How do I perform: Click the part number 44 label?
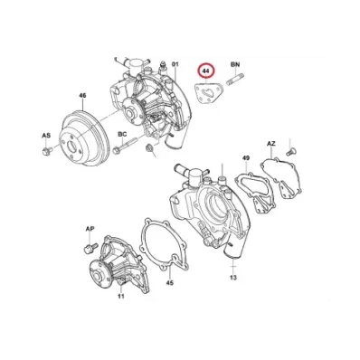(205, 71)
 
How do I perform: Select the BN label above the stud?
(235, 64)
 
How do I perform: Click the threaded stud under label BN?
(235, 80)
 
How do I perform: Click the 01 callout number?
(175, 64)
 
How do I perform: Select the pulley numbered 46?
(84, 139)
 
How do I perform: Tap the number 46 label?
(82, 96)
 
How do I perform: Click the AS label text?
(46, 136)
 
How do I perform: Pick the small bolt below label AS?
(47, 151)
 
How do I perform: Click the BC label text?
(122, 134)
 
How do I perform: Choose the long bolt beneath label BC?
(125, 145)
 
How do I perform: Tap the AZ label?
(271, 144)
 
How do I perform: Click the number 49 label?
(246, 158)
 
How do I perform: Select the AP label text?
(90, 229)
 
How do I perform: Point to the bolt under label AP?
(90, 248)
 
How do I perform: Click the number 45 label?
(170, 283)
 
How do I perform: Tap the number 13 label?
(233, 278)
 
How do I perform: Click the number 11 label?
(121, 297)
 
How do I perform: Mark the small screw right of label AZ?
(289, 152)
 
